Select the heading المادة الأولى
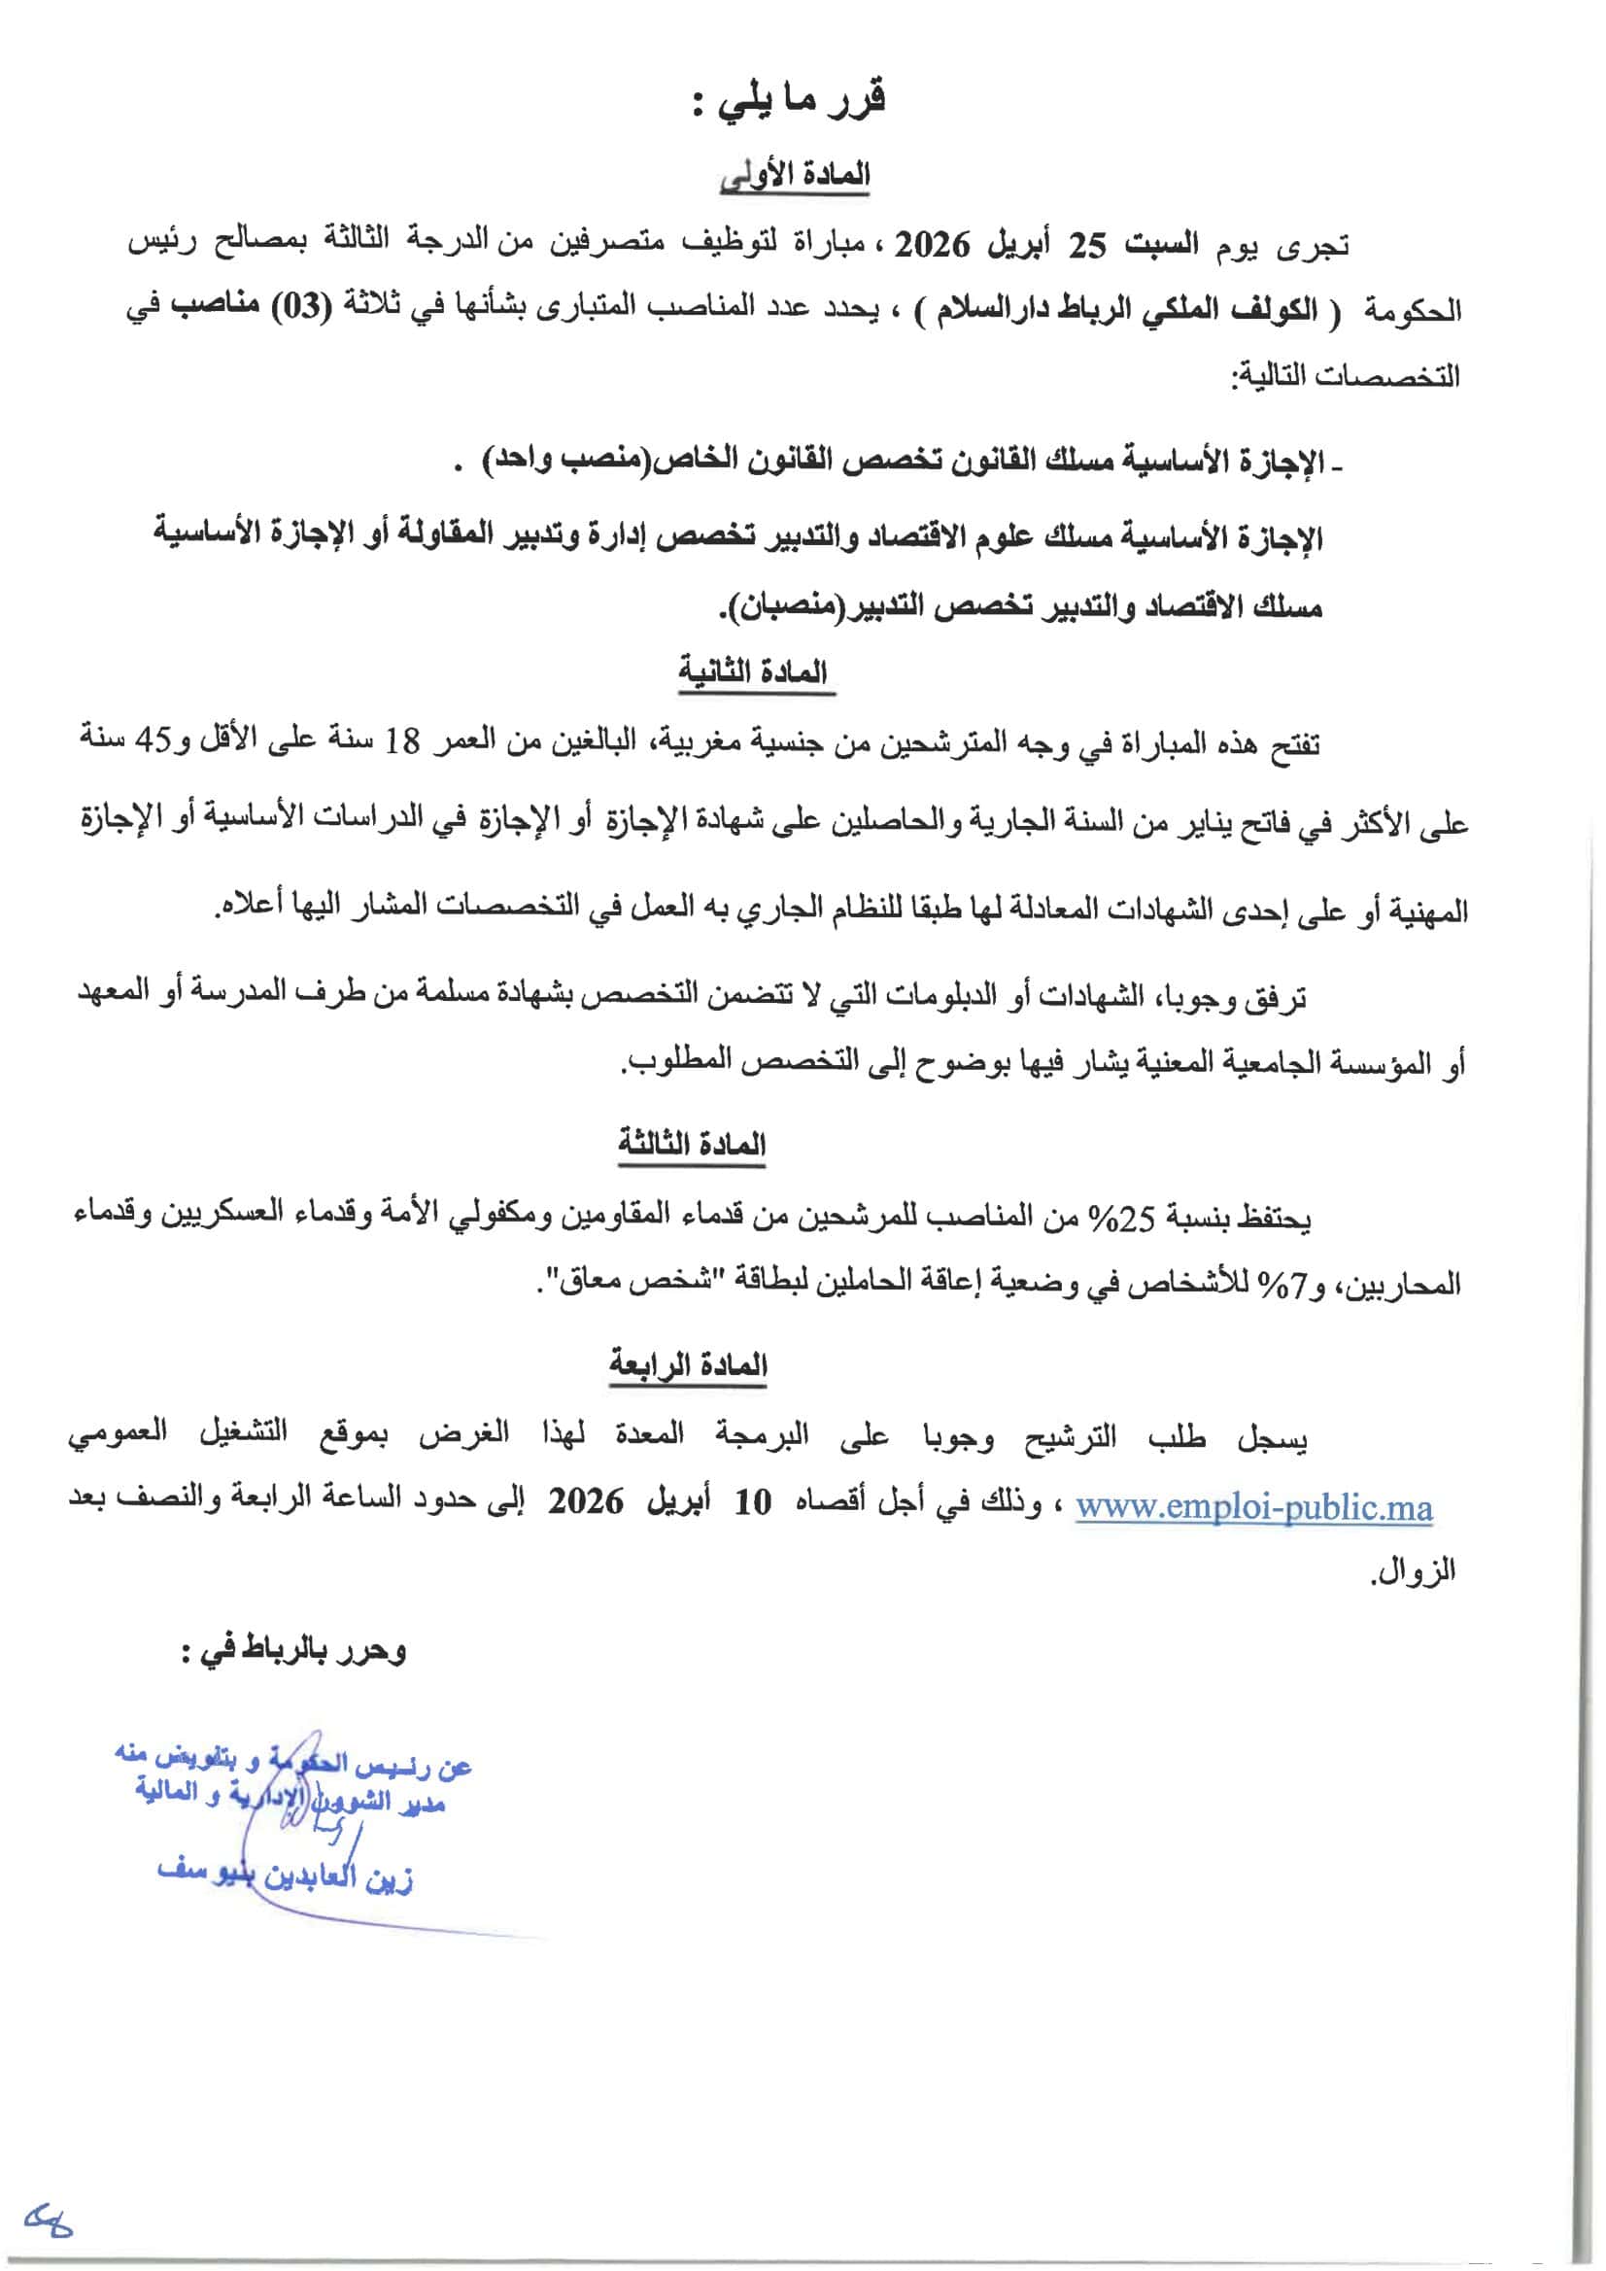coord(795,175)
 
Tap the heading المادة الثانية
coord(754,672)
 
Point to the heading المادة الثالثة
coord(691,1145)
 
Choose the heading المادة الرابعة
coord(688,1366)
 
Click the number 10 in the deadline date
coord(753,1503)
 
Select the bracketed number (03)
coord(301,307)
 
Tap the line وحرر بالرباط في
coord(293,1652)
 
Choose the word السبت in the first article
coord(1163,244)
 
